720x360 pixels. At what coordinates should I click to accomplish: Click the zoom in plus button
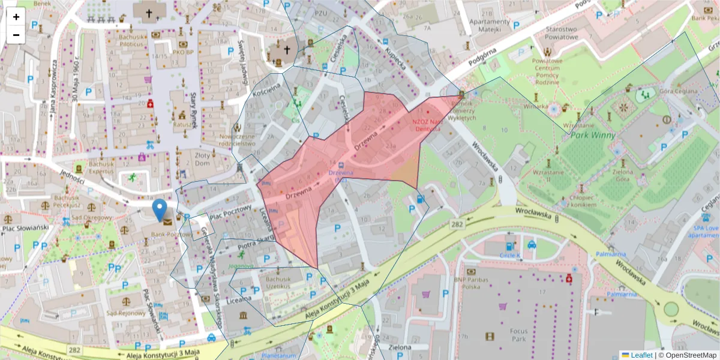[16, 17]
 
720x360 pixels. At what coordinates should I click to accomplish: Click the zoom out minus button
[16, 35]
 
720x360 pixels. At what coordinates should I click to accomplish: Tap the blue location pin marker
[160, 210]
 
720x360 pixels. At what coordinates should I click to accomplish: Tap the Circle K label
[510, 255]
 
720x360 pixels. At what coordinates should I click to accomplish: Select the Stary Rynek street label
[194, 112]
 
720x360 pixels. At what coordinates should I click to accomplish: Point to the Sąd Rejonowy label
[122, 313]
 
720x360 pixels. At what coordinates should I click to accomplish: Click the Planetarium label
[279, 355]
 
